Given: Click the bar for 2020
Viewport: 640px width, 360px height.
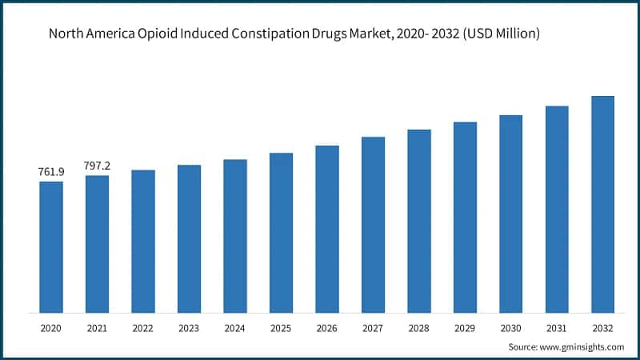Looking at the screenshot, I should [51, 247].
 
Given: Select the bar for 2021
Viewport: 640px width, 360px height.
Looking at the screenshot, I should [97, 244].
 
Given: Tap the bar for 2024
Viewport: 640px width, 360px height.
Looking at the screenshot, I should [235, 236].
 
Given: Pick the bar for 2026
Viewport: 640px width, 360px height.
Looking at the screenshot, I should [327, 229].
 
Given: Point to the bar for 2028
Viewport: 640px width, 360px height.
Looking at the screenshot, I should [419, 221].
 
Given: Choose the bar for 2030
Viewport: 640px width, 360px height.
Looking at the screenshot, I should [510, 214].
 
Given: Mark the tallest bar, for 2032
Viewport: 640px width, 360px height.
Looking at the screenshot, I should [602, 204].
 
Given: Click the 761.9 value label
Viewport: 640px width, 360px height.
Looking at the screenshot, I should [51, 172].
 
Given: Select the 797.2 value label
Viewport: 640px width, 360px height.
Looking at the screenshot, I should [97, 166].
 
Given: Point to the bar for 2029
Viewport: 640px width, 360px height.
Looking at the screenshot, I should [465, 218].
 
